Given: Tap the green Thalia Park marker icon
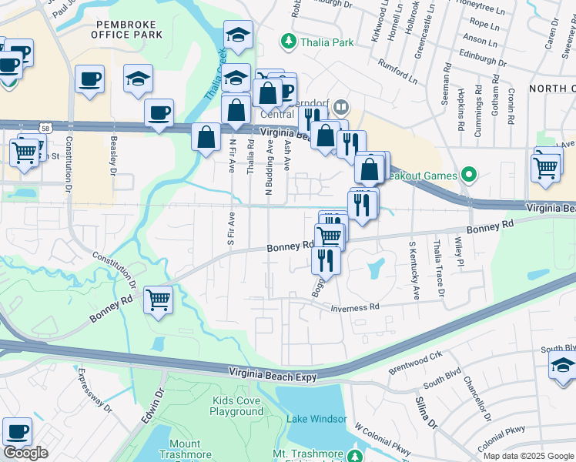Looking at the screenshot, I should coord(289,42).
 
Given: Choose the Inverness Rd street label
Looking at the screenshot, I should coord(356,307).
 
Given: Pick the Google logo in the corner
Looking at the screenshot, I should coord(25,453).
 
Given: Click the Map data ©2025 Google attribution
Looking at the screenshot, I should coord(528,456).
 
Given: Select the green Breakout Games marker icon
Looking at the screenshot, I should coord(466,176).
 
